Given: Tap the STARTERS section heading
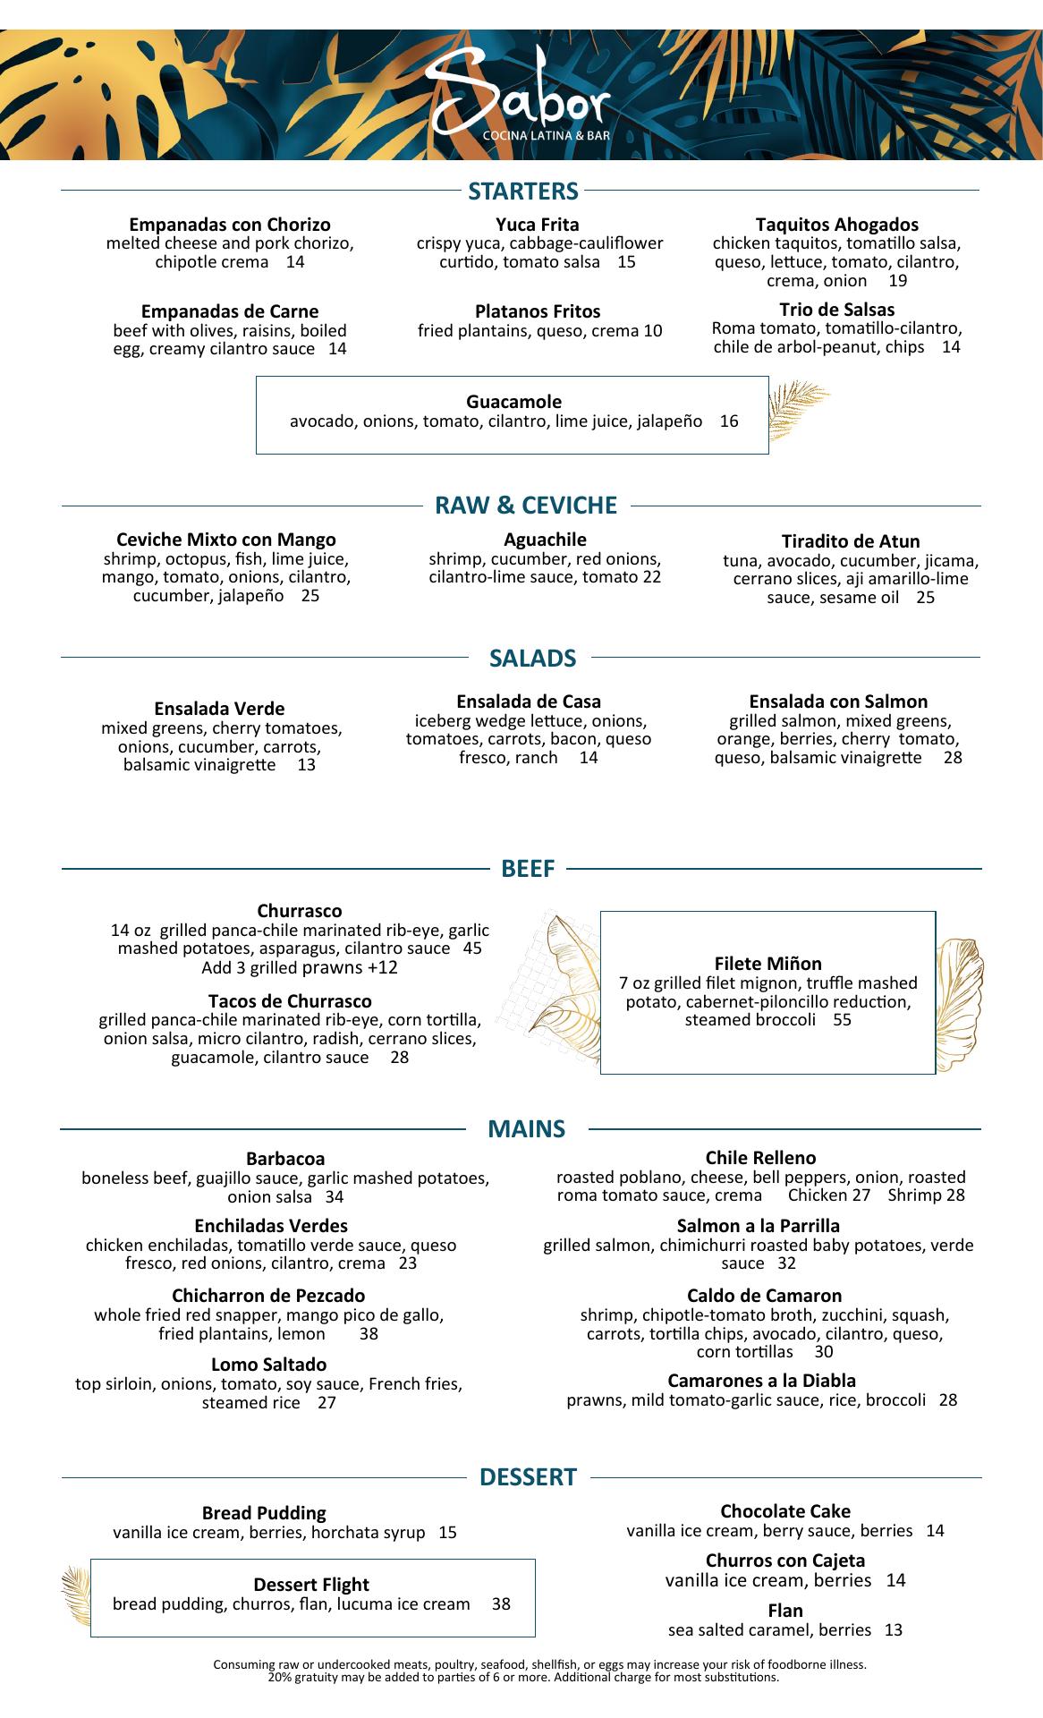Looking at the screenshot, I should pos(523,191).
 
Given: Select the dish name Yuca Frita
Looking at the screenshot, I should pos(538,225).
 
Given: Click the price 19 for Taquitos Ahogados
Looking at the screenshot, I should pos(898,281).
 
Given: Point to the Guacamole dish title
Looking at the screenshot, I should pos(513,402).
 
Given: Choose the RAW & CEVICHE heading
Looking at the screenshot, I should pos(526,506).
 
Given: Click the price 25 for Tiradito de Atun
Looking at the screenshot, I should pos(925,597).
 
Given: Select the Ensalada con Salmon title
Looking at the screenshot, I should pos(838,702).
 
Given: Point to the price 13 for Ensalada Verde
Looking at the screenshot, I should pos(306,765).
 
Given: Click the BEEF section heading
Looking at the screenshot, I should pos(528,868).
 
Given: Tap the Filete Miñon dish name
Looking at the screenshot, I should pos(767,964).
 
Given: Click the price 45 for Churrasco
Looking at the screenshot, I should pos(472,948).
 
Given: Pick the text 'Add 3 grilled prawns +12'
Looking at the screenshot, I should pos(300,967).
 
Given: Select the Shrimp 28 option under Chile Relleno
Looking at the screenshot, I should pos(926,1195).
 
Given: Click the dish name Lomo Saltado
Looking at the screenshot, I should pos(268,1365).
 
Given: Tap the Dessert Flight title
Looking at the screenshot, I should pos(311,1585).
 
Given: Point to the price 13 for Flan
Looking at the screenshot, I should pos(893,1630).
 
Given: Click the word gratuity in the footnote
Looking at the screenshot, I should pos(310,1677).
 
